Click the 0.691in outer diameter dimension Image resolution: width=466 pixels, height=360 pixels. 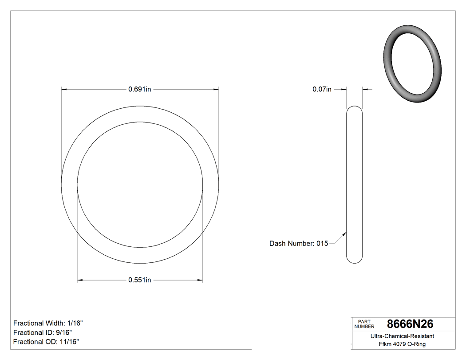[140, 89]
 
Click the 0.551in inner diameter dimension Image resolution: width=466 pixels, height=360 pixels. [140, 280]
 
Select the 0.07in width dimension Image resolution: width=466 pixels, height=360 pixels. [322, 89]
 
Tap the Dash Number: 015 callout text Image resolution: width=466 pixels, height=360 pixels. [298, 243]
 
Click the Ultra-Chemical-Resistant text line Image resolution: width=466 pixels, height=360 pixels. [402, 336]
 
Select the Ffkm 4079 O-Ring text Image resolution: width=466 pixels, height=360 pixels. [402, 344]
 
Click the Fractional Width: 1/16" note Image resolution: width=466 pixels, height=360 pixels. [48, 323]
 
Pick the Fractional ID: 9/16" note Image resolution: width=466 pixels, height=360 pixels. [43, 332]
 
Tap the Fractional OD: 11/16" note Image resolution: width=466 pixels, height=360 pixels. [46, 342]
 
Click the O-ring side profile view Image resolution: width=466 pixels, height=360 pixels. [354, 184]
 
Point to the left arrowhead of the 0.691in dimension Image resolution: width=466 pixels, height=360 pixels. [63, 90]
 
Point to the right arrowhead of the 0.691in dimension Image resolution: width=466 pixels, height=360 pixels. [216, 90]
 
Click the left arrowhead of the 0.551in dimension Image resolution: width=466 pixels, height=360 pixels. [80, 281]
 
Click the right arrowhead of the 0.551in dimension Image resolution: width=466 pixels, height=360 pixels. [200, 281]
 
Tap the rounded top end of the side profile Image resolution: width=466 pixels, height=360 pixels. [354, 108]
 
